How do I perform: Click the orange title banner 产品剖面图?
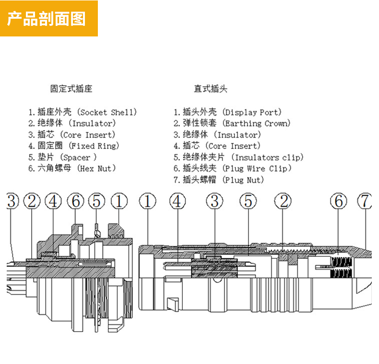(48, 18)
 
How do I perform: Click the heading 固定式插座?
(71, 89)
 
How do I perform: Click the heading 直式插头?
(210, 89)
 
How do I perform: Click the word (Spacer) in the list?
(79, 157)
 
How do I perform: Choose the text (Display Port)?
(252, 112)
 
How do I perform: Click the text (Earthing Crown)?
(258, 123)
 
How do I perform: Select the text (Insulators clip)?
(267, 157)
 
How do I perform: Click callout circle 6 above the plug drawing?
(339, 201)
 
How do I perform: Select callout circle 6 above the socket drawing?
(75, 201)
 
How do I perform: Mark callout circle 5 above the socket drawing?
(97, 201)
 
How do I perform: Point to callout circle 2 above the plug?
(284, 201)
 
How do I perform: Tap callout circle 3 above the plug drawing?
(214, 201)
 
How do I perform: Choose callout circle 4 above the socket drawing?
(54, 201)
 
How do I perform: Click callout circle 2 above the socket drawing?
(32, 201)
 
